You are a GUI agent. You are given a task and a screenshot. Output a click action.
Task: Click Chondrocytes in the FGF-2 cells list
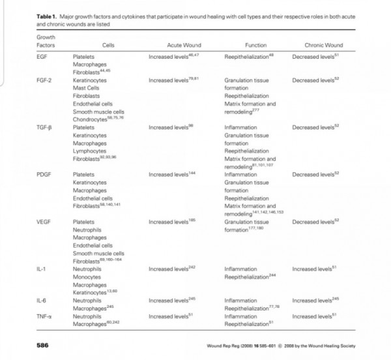pos(89,119)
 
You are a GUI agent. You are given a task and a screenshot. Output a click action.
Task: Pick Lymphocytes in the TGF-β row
pos(89,151)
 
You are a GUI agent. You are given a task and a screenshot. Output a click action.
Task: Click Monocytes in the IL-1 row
pos(87,277)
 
